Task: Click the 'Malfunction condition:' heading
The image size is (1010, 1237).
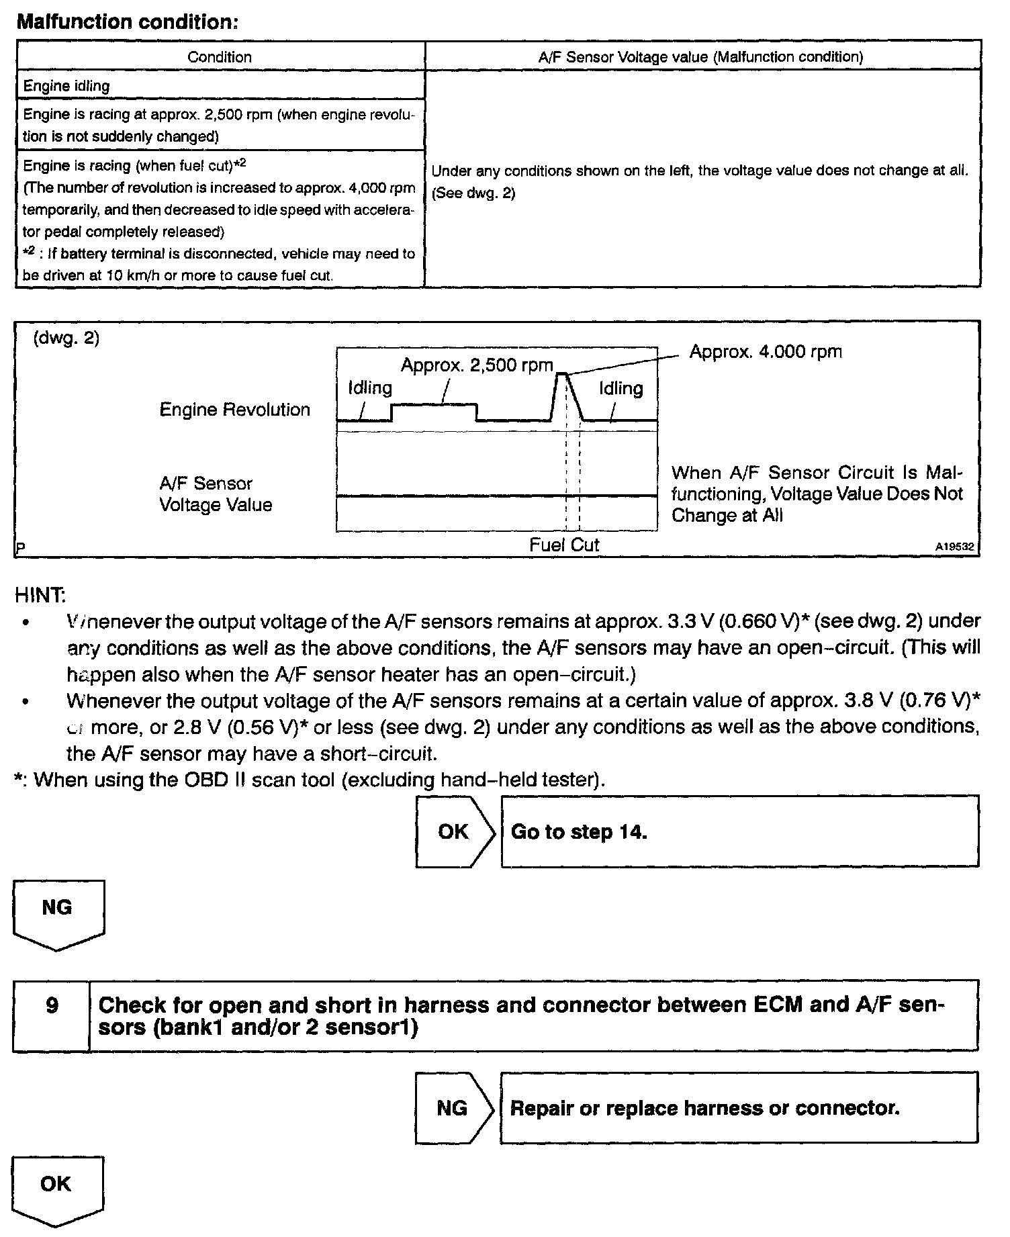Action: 127,21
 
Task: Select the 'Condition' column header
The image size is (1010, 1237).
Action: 220,57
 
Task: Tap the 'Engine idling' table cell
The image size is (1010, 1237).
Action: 66,86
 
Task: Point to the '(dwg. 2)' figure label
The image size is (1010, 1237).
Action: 66,338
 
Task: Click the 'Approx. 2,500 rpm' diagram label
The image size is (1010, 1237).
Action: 477,365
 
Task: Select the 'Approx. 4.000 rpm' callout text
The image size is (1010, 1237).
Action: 765,352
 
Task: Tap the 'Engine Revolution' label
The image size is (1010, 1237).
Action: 234,410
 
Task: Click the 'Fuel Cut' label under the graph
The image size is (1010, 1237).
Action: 563,545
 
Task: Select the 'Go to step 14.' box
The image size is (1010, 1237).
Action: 739,831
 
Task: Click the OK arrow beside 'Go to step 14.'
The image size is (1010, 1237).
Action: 454,831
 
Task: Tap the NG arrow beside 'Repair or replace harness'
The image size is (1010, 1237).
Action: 453,1107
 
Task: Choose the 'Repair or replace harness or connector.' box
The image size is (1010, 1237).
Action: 739,1107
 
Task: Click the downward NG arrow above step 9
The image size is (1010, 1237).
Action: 58,914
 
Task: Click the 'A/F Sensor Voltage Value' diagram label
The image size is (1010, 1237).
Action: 215,494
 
